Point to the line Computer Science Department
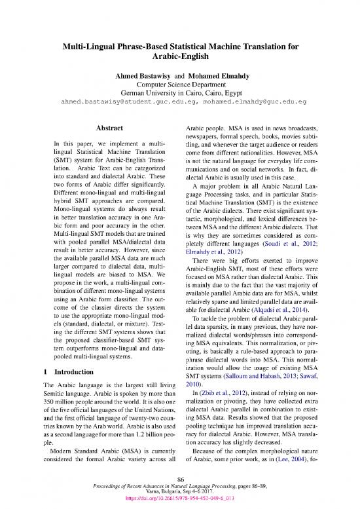point(180,86)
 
